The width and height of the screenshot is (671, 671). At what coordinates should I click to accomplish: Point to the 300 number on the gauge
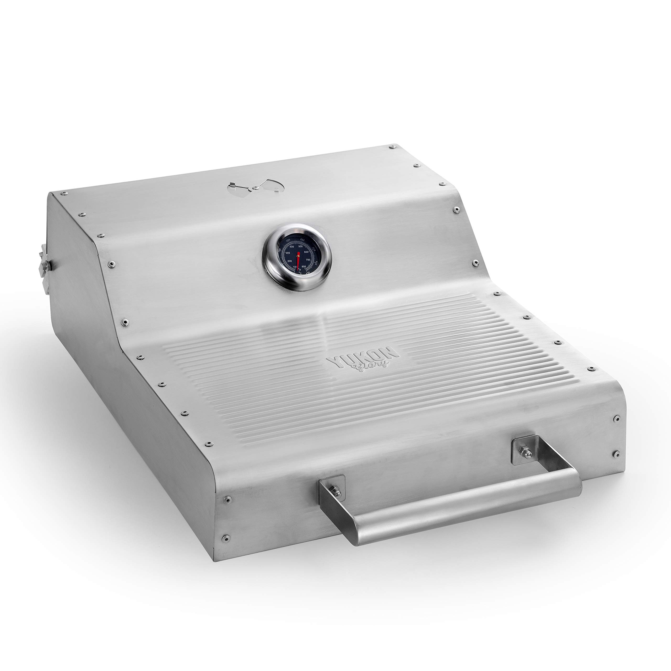click(288, 253)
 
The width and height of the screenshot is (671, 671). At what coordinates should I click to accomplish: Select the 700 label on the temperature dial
click(308, 260)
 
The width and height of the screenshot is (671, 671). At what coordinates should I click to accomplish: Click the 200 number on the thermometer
click(290, 261)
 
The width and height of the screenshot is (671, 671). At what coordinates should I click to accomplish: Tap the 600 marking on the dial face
click(306, 252)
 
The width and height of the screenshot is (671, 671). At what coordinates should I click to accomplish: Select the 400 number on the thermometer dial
click(292, 247)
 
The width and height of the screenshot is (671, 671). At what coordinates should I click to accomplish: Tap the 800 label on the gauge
click(304, 266)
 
